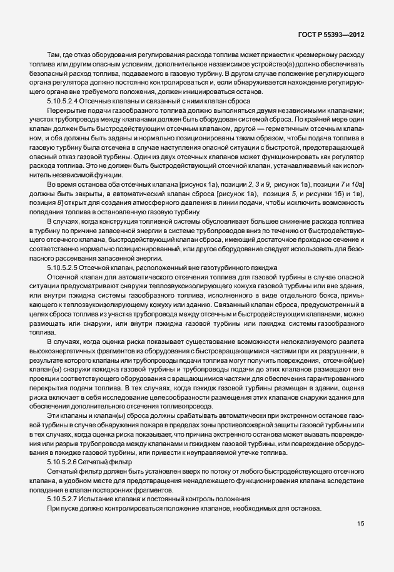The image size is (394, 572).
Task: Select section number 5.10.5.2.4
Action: tap(66, 100)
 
